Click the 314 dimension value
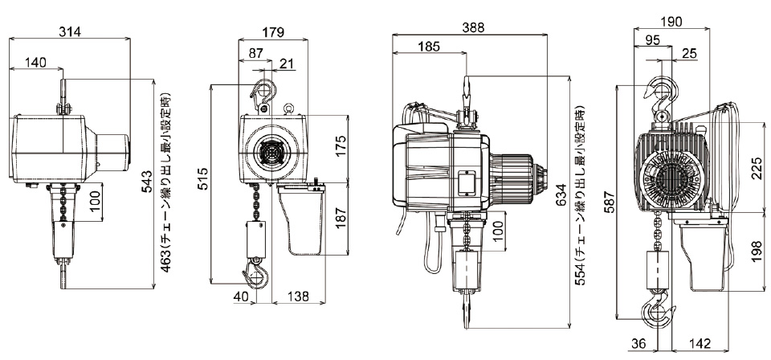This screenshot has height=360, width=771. click(70, 31)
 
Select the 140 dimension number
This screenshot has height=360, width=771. click(35, 63)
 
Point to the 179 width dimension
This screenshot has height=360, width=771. click(273, 33)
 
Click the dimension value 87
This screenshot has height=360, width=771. click(255, 53)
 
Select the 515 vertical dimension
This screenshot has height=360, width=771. click(203, 178)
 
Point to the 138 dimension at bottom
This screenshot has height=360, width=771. click(299, 297)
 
